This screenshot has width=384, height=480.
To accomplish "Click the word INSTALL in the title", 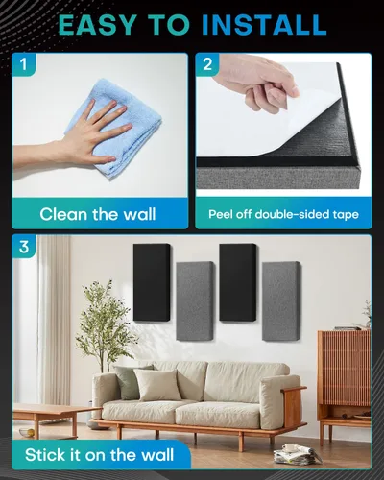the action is point(264,24).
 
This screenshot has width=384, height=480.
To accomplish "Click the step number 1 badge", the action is point(24,64).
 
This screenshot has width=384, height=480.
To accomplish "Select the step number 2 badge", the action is point(207,64).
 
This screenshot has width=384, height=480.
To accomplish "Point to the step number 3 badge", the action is point(24,247).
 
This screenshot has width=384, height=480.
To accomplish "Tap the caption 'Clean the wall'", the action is point(98,214).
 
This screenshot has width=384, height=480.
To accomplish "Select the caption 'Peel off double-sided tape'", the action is point(283,214).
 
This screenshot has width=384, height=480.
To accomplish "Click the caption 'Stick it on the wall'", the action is point(100,455).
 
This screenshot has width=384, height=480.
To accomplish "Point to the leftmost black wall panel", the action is point(152,281).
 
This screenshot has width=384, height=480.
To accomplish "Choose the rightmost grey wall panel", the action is point(281,300).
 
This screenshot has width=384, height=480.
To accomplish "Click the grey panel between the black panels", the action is point(195,300).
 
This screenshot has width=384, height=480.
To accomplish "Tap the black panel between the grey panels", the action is point(238,281).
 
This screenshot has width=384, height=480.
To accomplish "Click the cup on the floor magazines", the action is point(290,447).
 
